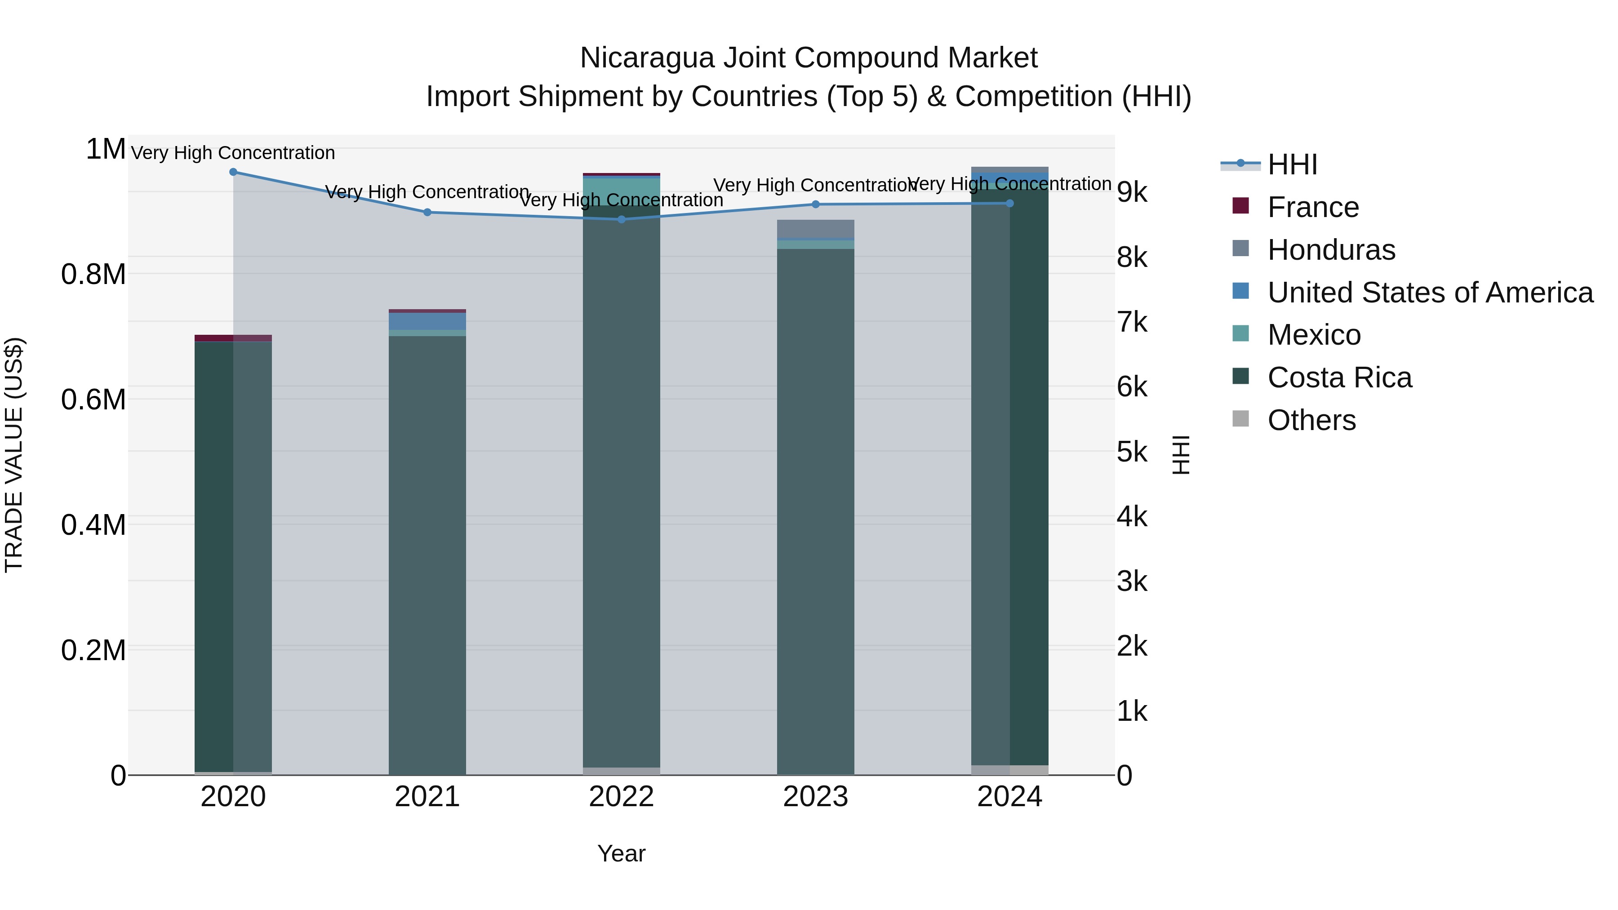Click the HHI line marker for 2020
(233, 172)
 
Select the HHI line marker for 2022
(621, 219)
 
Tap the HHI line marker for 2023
(815, 204)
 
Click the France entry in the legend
(1313, 207)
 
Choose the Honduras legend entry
(1331, 250)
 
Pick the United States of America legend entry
(1430, 293)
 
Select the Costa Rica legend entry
(1339, 377)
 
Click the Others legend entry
(1311, 420)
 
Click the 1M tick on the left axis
(106, 150)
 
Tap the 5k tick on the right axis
(1132, 452)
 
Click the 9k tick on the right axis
(1132, 193)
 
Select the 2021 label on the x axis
(427, 797)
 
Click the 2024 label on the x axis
(1009, 797)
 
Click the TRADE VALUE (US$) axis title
(14, 455)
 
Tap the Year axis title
(621, 853)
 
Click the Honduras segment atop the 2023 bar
(815, 229)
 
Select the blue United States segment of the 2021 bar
(427, 321)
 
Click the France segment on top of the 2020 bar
(233, 338)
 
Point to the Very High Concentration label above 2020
(233, 153)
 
